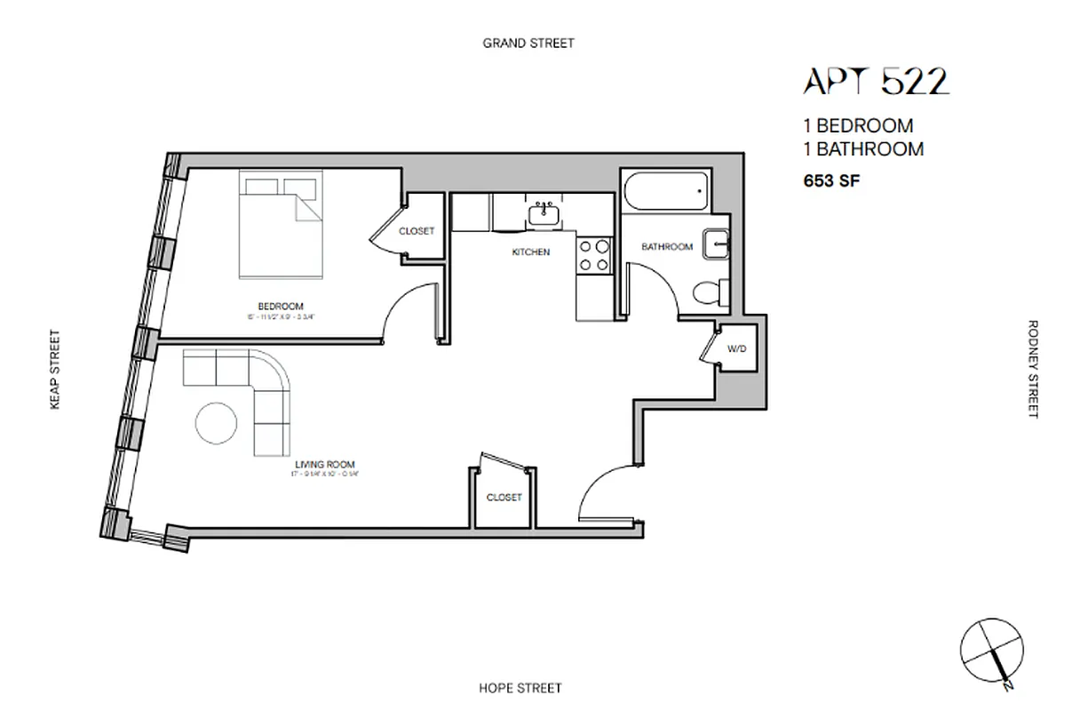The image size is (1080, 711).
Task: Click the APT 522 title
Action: point(876,82)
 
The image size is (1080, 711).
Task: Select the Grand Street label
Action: point(528,43)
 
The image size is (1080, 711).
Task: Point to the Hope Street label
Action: point(520,688)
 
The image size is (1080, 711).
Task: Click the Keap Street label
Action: point(55,370)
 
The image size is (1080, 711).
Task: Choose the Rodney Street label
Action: point(1032,369)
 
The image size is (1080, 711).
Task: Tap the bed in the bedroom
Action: point(279,226)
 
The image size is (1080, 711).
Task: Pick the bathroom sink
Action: point(716,243)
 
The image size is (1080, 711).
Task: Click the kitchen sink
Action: point(542,213)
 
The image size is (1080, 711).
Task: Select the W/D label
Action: point(737,348)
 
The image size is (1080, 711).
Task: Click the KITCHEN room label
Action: point(531,252)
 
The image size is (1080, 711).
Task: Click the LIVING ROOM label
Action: point(325,464)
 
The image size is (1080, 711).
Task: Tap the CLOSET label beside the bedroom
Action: point(417,231)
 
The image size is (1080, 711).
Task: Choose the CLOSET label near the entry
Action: point(504,498)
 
